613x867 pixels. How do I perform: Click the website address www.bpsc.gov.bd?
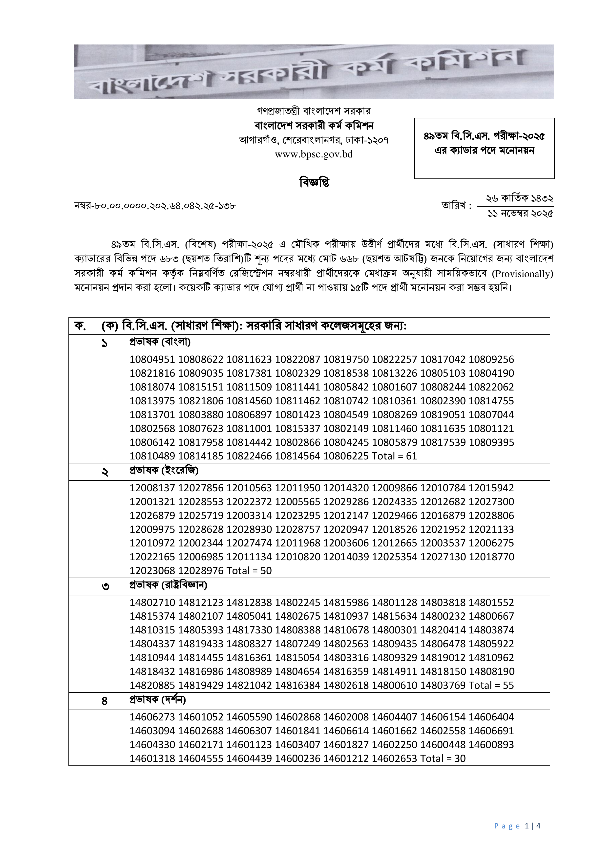coord(314,154)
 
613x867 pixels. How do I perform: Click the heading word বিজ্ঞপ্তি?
coord(314,182)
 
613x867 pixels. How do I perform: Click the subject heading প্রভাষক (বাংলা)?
coord(160,342)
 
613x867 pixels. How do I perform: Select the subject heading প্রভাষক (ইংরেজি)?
coord(164,471)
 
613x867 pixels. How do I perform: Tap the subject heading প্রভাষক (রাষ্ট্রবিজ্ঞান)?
coord(168,585)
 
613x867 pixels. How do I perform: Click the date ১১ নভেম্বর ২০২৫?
coord(520,214)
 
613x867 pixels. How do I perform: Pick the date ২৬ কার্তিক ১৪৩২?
coord(519,198)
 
